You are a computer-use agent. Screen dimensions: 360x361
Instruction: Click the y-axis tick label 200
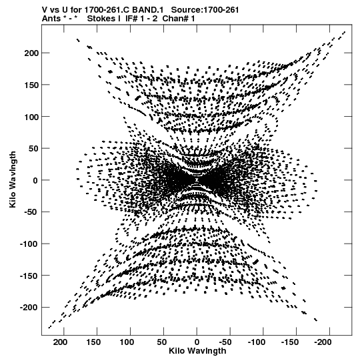click(x=31, y=53)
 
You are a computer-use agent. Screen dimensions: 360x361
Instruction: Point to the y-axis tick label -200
click(x=28, y=308)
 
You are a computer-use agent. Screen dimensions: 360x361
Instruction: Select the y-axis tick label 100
click(x=31, y=117)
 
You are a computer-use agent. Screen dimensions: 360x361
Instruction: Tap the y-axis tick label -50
click(x=31, y=212)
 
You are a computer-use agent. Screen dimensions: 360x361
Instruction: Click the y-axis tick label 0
click(x=35, y=180)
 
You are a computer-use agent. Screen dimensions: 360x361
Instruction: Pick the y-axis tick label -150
click(x=28, y=276)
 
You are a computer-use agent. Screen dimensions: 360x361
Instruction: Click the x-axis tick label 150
click(x=93, y=342)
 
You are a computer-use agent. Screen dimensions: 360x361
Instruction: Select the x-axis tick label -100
click(x=257, y=342)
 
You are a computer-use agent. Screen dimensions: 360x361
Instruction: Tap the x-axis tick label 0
click(x=197, y=342)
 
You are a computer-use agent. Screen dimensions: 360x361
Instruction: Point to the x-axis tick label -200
click(x=323, y=342)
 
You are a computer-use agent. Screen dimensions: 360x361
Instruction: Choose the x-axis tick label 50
click(x=162, y=342)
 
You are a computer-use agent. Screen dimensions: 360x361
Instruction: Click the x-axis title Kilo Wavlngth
click(x=197, y=351)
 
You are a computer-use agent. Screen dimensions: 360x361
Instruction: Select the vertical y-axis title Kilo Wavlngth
click(x=13, y=179)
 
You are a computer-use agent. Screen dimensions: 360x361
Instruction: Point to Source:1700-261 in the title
click(x=205, y=9)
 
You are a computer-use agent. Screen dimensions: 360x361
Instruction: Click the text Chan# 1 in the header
click(x=179, y=19)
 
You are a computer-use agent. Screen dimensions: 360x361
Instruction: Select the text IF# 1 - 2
click(x=141, y=19)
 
